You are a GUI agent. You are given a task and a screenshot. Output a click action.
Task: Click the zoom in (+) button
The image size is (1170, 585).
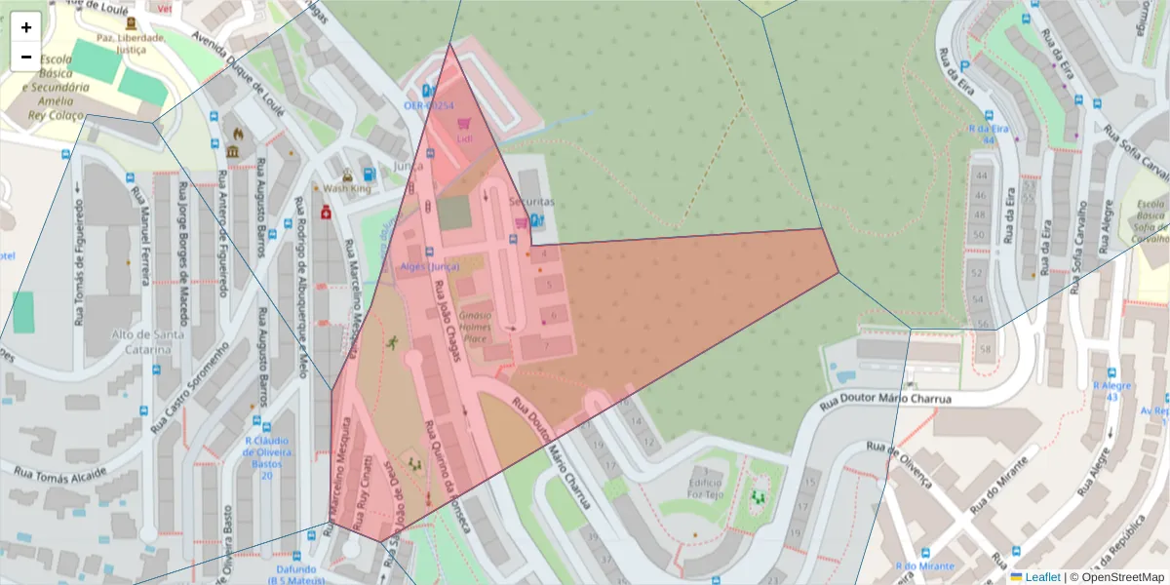point(26,27)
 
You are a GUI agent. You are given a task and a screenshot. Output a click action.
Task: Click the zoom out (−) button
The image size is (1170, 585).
point(26,57)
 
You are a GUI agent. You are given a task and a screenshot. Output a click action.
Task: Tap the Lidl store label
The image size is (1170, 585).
point(464,138)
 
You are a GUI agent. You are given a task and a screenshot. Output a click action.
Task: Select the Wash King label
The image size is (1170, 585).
point(346,188)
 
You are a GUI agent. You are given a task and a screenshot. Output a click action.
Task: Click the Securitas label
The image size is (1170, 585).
point(531,201)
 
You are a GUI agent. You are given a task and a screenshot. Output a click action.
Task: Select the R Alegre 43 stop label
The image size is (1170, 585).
point(1110,391)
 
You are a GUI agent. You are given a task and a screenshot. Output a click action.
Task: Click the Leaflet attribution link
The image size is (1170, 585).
point(1042,577)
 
